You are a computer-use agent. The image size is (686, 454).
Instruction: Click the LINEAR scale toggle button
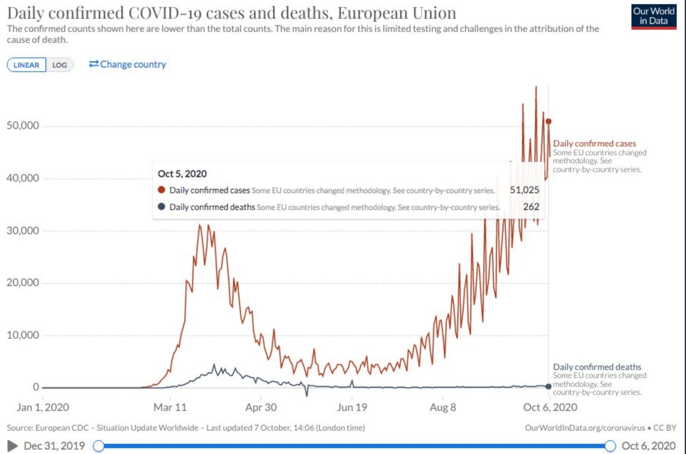[26, 65]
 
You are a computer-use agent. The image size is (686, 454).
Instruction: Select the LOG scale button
[60, 65]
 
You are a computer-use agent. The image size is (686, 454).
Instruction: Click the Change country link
[128, 64]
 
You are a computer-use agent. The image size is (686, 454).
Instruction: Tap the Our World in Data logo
[653, 16]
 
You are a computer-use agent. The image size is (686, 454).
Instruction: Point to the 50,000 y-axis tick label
[23, 125]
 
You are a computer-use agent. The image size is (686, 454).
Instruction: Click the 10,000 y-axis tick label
[23, 335]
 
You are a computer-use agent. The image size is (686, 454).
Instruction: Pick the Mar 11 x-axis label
[170, 407]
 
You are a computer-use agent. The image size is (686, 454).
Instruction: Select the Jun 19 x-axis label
[352, 407]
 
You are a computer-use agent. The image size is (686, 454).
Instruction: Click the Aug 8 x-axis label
[443, 407]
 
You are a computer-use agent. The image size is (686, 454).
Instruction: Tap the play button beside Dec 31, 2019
[13, 446]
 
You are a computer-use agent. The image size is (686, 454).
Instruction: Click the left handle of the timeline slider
[99, 446]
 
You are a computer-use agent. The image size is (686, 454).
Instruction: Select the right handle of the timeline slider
[610, 446]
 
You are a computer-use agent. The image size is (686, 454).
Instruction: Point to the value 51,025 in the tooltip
[524, 190]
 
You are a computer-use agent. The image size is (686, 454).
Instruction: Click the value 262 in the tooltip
[531, 207]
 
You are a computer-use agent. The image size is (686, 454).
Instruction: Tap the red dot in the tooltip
[161, 190]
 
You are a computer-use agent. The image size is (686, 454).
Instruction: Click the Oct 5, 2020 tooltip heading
[182, 174]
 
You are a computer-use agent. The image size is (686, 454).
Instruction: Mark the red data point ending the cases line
[548, 121]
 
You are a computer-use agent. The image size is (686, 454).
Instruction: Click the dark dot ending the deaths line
[548, 386]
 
